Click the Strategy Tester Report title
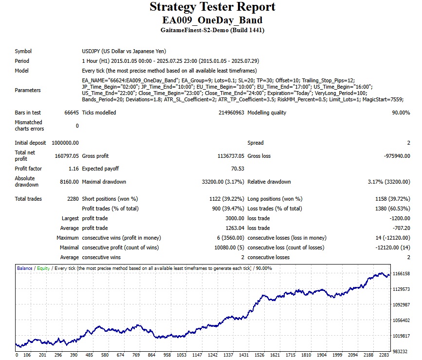[x=212, y=7]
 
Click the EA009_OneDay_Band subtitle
[x=212, y=20]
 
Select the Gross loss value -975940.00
[x=395, y=156]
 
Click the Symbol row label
[x=23, y=51]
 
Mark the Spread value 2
[x=408, y=143]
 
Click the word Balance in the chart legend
[x=25, y=268]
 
